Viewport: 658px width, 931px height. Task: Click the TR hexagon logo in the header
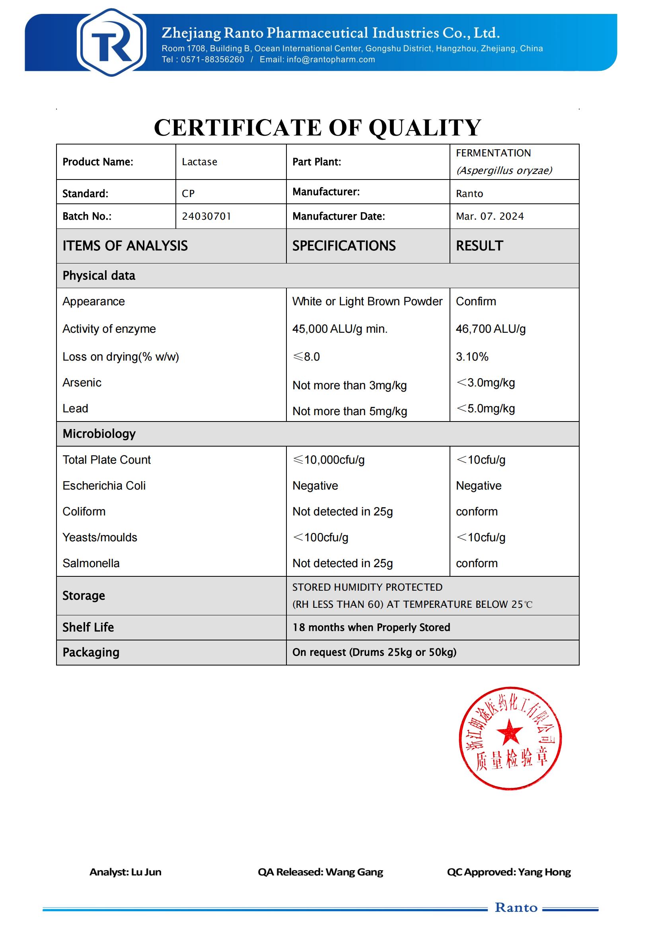111,42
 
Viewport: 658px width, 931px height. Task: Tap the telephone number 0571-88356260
212,60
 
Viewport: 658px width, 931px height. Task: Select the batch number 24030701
206,216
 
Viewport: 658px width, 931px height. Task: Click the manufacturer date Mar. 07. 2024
489,216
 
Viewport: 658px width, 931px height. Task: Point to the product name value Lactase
199,162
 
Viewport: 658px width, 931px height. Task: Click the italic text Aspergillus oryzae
504,170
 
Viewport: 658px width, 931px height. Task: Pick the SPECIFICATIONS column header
344,246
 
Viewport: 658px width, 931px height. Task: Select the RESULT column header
479,246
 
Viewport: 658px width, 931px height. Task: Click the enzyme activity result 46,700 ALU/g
490,329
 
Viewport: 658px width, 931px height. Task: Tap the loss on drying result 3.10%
472,357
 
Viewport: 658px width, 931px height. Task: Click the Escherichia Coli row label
104,485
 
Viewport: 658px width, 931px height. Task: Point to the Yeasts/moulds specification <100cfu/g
320,537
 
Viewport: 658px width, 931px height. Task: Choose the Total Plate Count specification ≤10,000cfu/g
328,460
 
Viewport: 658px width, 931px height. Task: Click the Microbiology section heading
99,434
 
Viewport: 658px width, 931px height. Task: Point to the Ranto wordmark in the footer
516,908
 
